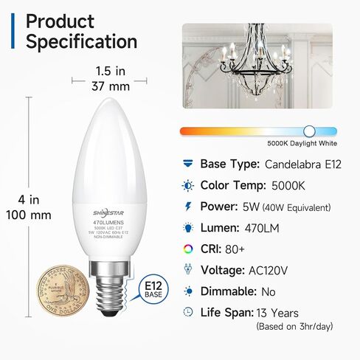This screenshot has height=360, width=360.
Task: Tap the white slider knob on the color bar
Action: click(310, 131)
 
